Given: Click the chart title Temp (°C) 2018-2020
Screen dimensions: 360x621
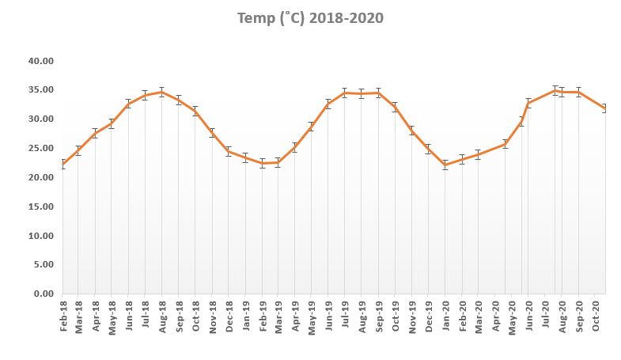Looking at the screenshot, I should coord(311,18).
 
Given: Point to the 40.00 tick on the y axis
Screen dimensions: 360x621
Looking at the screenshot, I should coord(40,61).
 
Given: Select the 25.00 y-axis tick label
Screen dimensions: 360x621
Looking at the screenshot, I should coord(40,149).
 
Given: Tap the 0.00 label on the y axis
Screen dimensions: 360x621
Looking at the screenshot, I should coord(43,294).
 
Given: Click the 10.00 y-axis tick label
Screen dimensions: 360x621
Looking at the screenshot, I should coord(40,236).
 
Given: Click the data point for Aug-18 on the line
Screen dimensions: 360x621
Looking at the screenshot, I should coord(161,92).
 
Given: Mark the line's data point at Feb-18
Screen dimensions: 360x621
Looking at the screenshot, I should coord(62,165).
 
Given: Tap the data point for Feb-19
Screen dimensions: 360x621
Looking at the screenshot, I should coord(262,164).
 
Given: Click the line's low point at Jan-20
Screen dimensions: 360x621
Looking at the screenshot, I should coord(445,165).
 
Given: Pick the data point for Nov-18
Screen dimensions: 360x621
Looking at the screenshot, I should coord(211,133).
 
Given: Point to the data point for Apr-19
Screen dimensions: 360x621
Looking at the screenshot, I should coord(294,147).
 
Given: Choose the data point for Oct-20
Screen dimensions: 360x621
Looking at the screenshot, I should coord(605,108).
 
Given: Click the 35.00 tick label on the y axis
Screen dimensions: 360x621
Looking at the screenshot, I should coord(40,90).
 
